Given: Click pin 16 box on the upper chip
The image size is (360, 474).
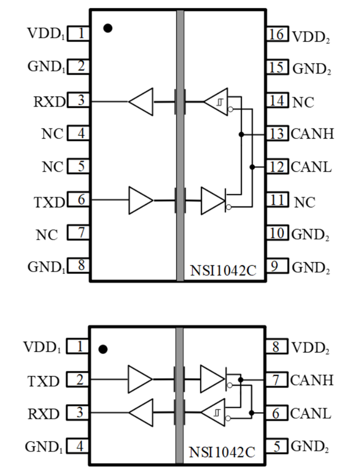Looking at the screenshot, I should coord(277,34).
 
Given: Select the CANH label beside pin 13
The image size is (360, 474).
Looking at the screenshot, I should coord(312,134).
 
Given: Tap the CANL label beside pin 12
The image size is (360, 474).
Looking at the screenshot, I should coord(311,166).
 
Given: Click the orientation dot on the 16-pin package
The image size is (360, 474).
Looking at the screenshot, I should coord(108,28).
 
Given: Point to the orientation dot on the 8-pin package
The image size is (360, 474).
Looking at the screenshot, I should coord(103,349).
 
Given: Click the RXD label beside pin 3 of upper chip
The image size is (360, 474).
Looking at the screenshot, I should coord(49,102).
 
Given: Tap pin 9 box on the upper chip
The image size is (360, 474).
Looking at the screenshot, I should coord(277,265).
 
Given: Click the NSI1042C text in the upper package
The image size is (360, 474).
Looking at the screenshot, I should coord(223,271).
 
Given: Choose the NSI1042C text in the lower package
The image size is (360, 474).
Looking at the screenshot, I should coord(222,452).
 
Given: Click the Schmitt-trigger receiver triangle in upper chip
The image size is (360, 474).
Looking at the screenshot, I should coord(218,101).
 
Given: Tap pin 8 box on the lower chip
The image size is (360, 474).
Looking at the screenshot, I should coord(276,346).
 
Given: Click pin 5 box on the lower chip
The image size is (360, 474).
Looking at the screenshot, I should coord(276,446).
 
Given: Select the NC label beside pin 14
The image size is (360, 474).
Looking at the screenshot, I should coord(303,102).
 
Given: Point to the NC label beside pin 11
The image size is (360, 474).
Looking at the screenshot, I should coord(305,203).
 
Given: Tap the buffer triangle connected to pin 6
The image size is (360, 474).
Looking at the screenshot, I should coord(139,200).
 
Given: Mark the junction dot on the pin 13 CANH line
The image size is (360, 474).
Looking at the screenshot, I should coord(241,134).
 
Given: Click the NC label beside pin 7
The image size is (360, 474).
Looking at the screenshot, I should coord(47,235).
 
